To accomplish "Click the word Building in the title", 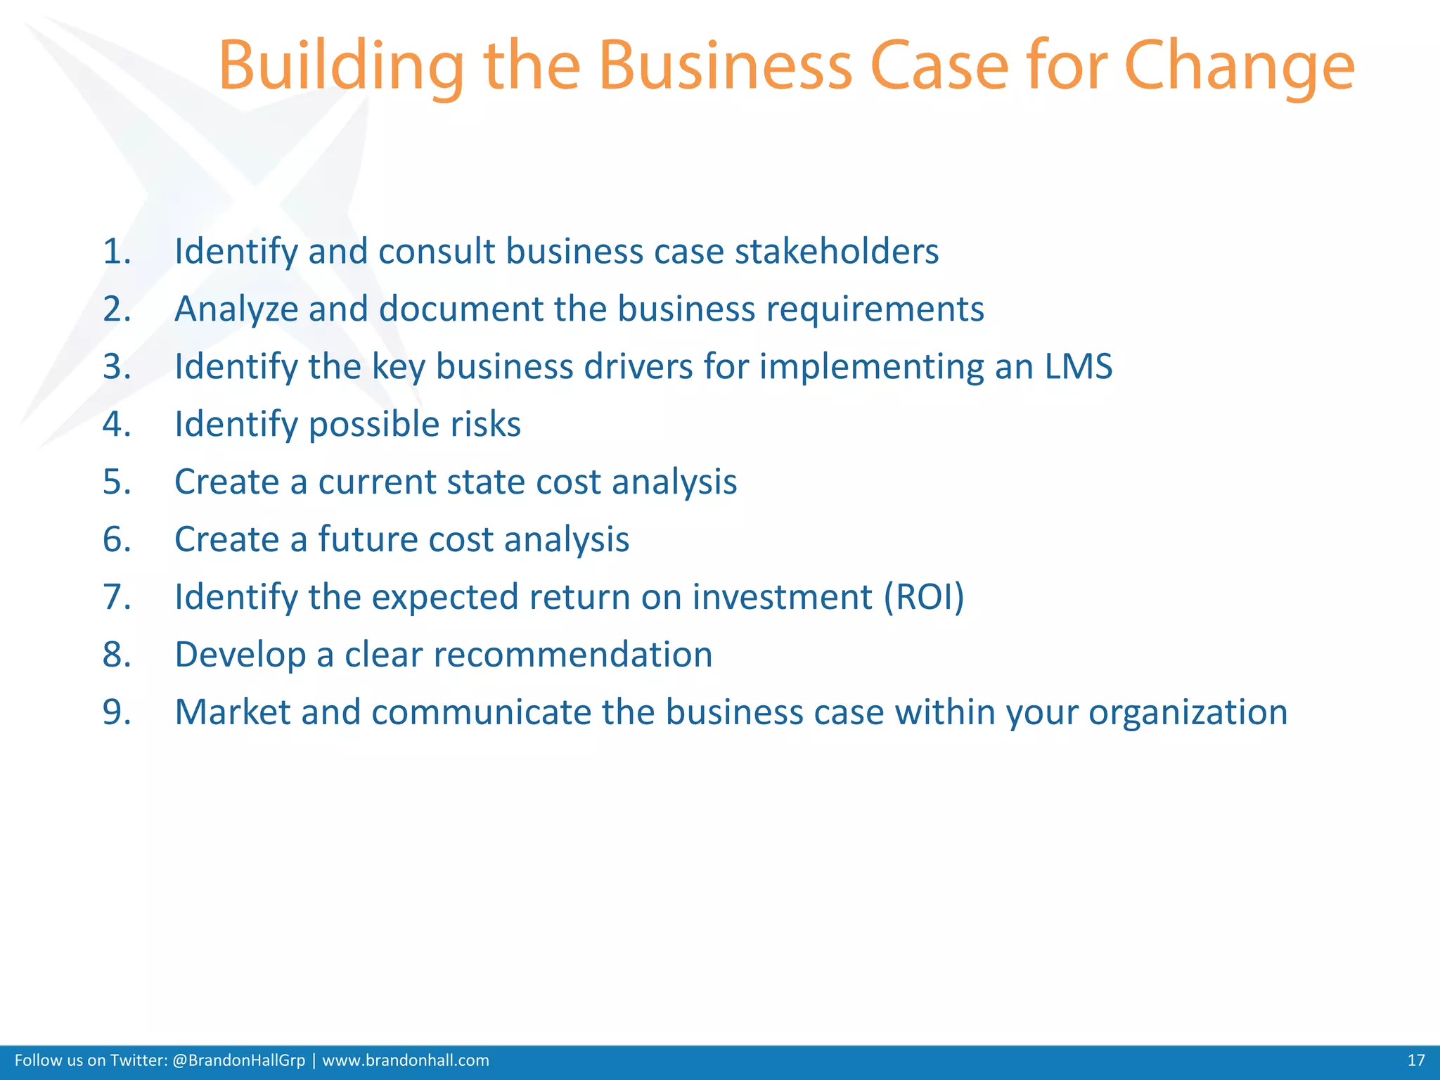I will click(x=340, y=67).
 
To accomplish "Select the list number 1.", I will click(x=117, y=252).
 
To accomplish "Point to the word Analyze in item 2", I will click(x=236, y=309).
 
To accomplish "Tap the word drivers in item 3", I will click(x=638, y=366).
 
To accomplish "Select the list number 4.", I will click(x=117, y=425).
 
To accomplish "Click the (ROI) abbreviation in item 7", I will click(x=924, y=598).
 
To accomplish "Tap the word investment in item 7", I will click(x=782, y=598).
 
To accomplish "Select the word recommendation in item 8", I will click(x=572, y=655).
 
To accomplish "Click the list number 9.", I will click(x=117, y=712).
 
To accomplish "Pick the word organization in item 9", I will click(x=1188, y=712).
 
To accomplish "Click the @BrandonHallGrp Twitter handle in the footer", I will click(x=238, y=1060).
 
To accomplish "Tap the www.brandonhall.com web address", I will click(x=405, y=1060).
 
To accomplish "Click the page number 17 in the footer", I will click(x=1415, y=1060).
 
